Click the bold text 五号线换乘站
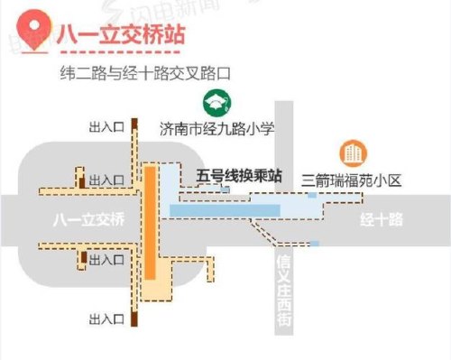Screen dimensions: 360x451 coord(238,177)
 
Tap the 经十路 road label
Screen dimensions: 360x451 coord(380,220)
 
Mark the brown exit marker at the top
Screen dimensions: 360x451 coord(133,126)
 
